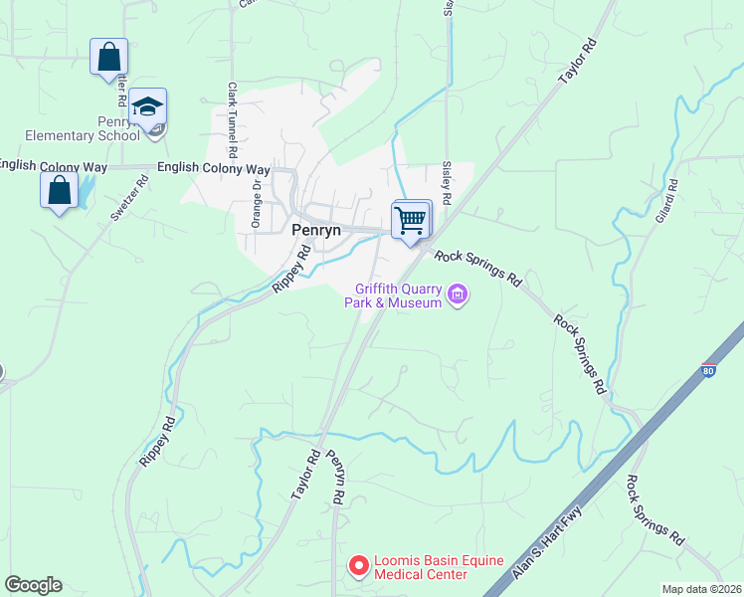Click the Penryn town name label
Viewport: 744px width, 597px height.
tap(316, 230)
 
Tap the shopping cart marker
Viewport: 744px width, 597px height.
tap(410, 221)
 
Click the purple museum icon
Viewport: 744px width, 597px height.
tap(458, 294)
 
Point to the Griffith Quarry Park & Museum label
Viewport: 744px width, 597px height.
tap(393, 296)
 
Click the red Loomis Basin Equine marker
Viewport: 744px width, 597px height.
tap(358, 566)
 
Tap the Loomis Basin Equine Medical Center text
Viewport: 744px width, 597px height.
tap(432, 567)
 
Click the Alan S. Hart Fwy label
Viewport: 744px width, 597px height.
tap(546, 542)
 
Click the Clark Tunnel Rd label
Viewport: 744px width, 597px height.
tap(232, 121)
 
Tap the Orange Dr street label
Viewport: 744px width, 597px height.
tap(256, 203)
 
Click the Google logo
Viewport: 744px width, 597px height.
tap(33, 585)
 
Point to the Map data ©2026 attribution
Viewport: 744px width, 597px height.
tap(700, 589)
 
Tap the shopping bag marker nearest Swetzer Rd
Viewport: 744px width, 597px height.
tap(59, 189)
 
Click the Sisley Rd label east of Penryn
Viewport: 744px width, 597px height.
tap(447, 185)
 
